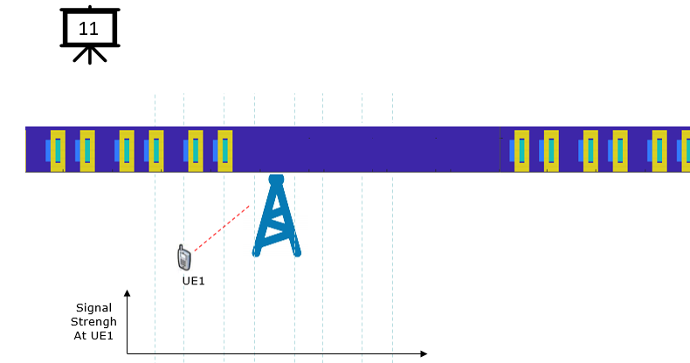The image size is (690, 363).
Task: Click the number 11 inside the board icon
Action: point(88,29)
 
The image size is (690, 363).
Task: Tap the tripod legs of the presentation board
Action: point(90,55)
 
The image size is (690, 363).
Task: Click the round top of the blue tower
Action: point(276,179)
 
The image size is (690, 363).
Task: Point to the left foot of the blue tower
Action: point(256,252)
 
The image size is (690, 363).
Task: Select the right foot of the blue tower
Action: point(297,252)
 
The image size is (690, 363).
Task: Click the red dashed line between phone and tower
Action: point(222,228)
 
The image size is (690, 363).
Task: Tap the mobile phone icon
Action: point(184,257)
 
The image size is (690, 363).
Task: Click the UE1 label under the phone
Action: point(194,281)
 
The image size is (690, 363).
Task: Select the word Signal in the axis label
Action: point(93,308)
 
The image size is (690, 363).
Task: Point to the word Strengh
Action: point(93,322)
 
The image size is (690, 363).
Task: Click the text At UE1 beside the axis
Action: point(93,336)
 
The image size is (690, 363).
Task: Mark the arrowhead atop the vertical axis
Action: point(128,293)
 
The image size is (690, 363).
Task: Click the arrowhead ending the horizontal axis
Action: point(424,353)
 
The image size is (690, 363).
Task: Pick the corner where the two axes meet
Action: point(128,353)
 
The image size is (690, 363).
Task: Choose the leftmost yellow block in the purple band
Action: point(59,151)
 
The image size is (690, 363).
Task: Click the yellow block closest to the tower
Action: point(224,151)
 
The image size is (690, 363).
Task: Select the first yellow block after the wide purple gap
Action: point(522,151)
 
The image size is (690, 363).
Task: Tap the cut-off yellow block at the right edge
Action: point(686,151)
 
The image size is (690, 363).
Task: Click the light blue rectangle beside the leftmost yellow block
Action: point(48,151)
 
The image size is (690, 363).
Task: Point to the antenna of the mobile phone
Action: point(181,248)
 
